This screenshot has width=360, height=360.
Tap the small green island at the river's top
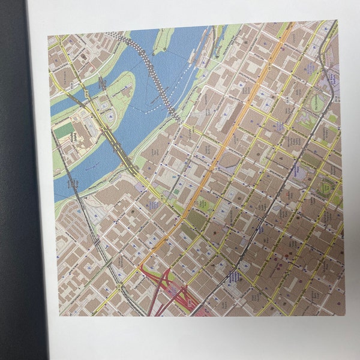point(163,40)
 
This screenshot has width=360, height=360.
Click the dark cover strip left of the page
point(15,180)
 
